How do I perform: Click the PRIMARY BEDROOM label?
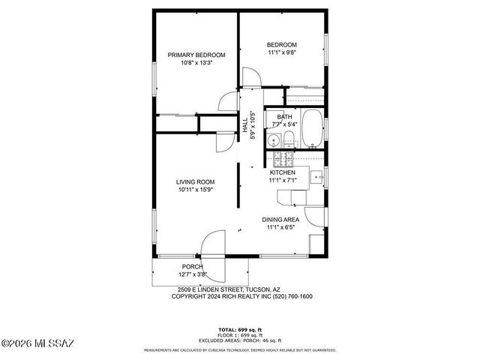196,55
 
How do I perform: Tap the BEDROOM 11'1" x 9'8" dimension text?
282,52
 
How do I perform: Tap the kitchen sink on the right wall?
316,178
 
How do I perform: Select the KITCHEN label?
282,172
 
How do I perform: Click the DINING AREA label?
280,220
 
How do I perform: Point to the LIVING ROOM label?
196,182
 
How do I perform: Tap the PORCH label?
193,267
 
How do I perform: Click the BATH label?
284,117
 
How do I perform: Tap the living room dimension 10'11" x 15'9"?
196,190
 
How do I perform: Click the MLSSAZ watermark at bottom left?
37,344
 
